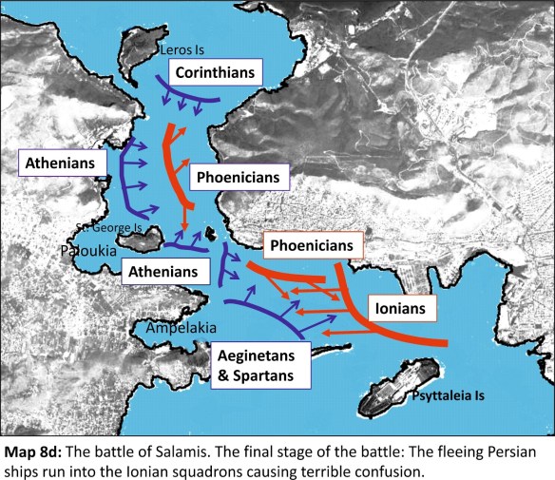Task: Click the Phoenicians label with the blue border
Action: [239, 178]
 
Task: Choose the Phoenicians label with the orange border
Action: [315, 246]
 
